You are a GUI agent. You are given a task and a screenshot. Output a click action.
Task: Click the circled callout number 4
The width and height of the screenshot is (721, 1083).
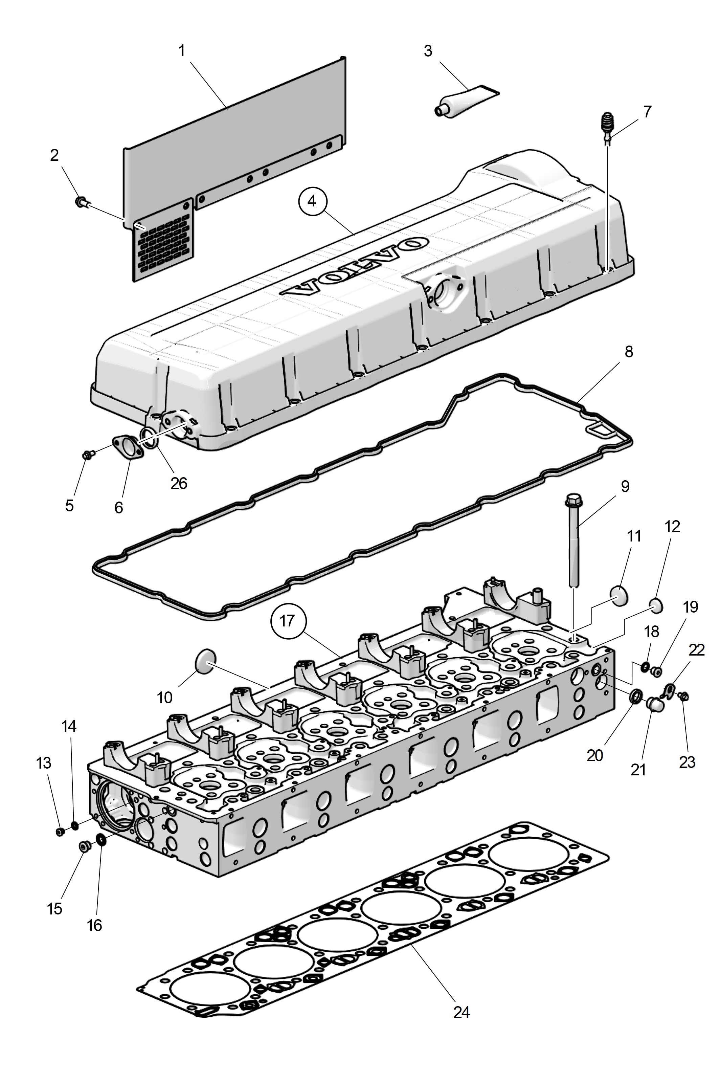(312, 201)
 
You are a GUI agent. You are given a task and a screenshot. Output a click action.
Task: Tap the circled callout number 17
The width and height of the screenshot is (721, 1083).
(287, 620)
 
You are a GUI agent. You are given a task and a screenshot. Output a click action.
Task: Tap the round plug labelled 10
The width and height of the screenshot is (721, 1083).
(205, 661)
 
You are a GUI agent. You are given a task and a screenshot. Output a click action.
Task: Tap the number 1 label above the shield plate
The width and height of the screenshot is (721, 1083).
(182, 50)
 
